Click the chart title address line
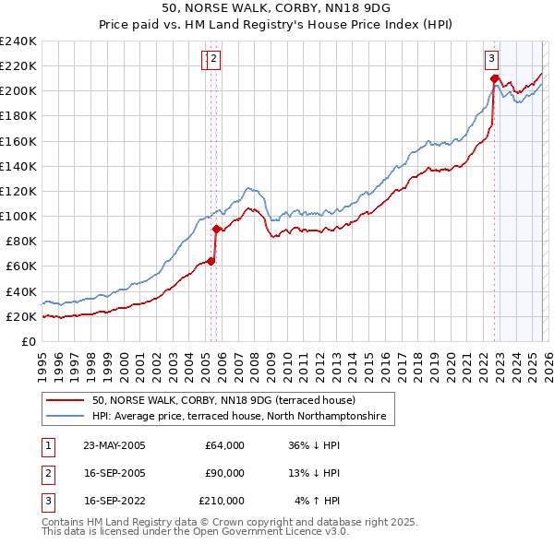(x=277, y=10)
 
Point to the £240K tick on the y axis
(x=18, y=41)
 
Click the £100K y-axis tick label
(x=18, y=216)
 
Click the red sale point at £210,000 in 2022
(x=494, y=78)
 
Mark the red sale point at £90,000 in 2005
(x=216, y=229)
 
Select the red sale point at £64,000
(x=211, y=261)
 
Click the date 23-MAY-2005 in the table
(x=114, y=445)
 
